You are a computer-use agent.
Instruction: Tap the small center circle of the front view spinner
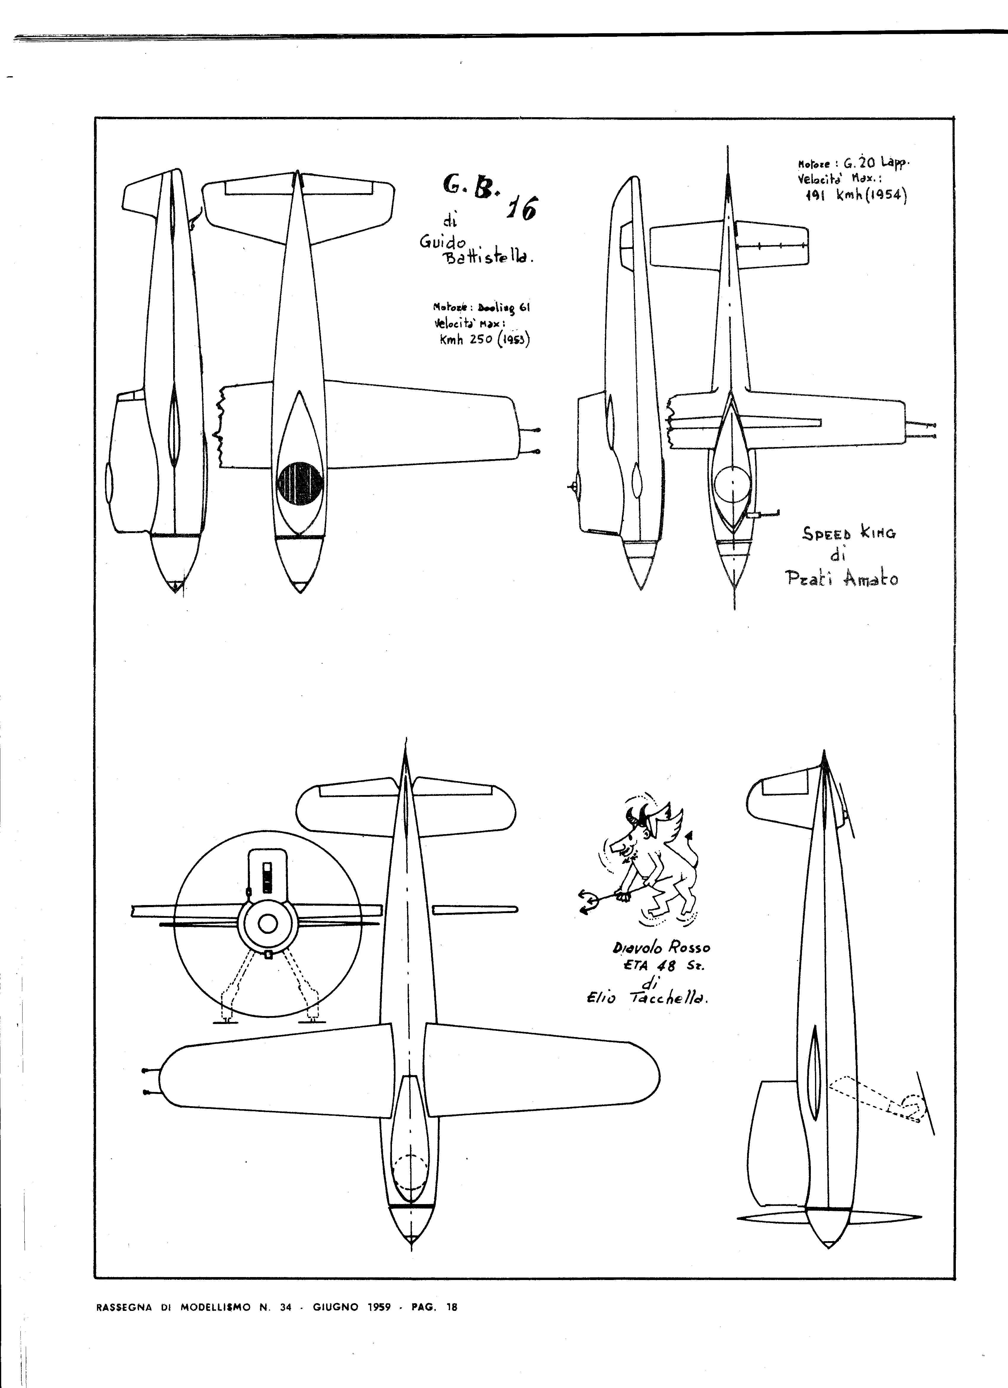(x=267, y=924)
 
